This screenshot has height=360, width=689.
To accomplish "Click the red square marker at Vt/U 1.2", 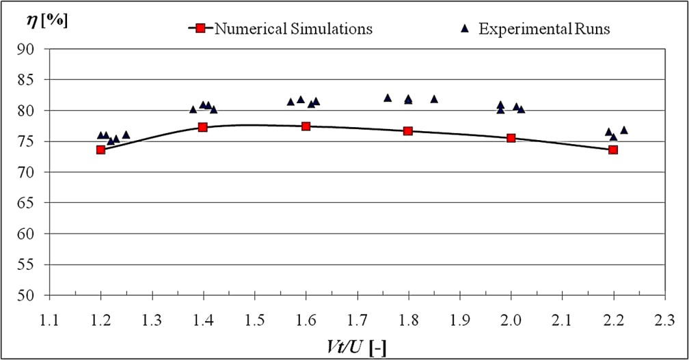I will point(100,150).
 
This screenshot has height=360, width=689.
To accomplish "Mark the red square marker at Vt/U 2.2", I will point(613,150).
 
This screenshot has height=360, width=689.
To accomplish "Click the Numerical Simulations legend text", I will point(293,29).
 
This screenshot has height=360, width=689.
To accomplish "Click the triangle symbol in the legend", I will point(465,29).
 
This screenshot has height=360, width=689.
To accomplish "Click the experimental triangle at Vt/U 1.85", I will point(434,99).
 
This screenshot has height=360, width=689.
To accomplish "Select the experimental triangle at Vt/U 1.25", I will point(126,135).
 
